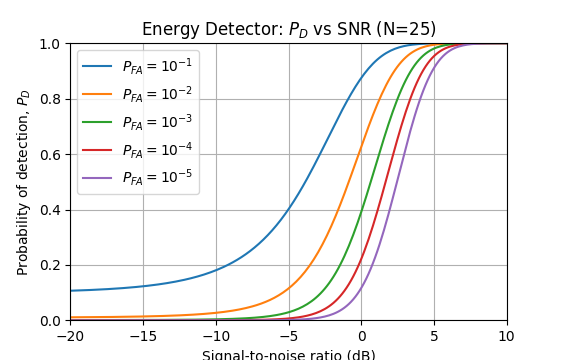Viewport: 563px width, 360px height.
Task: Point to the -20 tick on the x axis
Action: point(71,337)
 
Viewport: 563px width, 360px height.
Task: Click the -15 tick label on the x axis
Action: point(144,337)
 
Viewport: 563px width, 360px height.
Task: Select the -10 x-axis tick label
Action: point(217,337)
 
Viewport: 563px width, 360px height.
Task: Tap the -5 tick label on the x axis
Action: point(289,337)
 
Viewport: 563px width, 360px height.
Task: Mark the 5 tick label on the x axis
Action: point(434,337)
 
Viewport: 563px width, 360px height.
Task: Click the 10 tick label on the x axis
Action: point(507,337)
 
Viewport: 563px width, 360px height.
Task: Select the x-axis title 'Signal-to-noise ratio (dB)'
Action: point(289,355)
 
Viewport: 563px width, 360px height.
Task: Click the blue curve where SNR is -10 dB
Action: point(217,270)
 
